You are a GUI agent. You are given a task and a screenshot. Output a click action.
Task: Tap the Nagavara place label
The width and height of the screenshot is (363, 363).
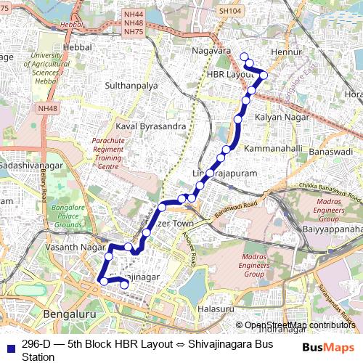click(x=212, y=52)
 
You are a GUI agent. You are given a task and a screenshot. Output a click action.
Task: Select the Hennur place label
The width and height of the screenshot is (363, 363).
click(x=285, y=53)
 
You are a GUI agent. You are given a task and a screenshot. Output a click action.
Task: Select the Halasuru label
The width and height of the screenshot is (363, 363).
click(x=215, y=308)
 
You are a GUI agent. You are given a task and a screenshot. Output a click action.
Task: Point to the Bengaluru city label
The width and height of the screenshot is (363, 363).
click(x=70, y=314)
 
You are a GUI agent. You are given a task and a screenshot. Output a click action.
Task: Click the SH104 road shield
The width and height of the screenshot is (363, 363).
click(x=229, y=12)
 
